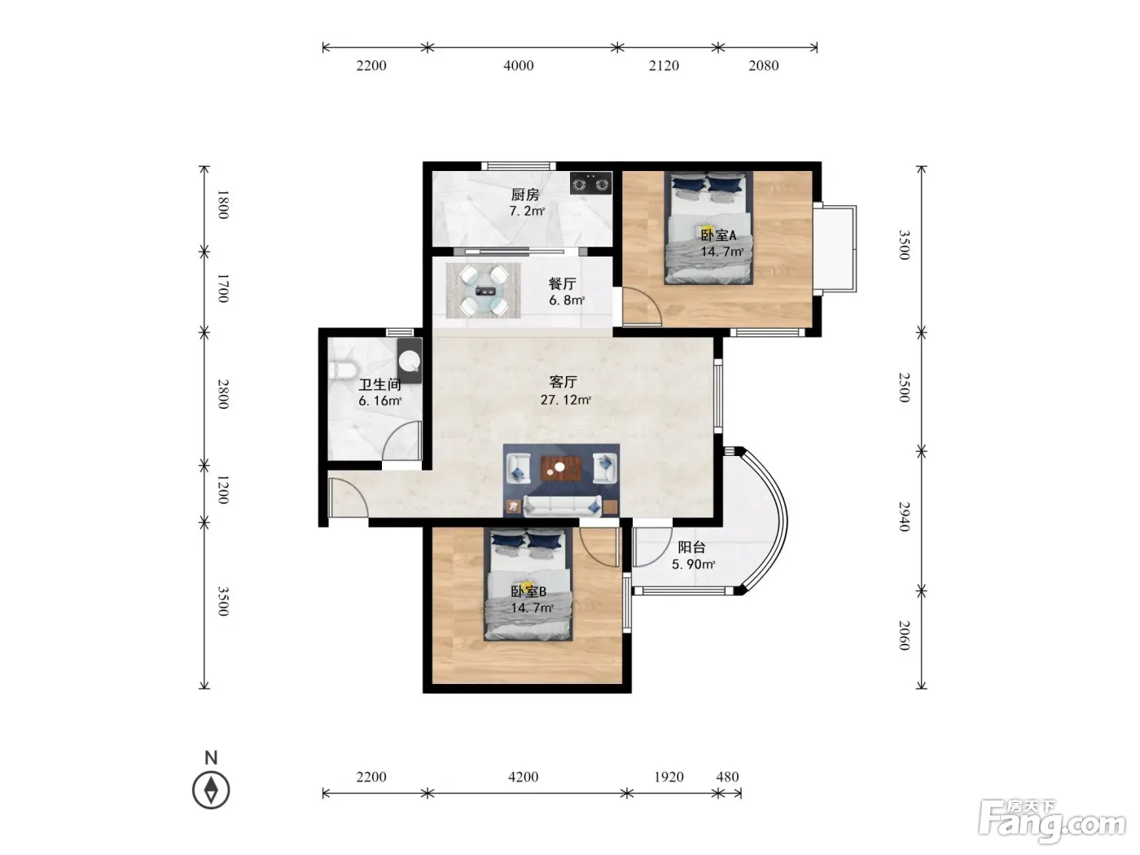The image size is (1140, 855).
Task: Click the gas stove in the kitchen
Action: (590, 182)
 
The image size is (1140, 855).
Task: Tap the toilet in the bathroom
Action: (342, 370)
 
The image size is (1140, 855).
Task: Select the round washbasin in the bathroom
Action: (410, 361)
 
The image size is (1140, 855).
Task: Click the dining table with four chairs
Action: (484, 291)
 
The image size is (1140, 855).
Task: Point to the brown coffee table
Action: (560, 468)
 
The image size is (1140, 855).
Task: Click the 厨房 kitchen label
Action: (525, 195)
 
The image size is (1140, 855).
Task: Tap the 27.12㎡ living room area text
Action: (566, 400)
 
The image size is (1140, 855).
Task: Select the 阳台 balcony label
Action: (692, 546)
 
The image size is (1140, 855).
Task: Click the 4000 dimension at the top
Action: (519, 65)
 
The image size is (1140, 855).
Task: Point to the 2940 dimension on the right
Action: (905, 516)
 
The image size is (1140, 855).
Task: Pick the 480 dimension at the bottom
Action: (727, 777)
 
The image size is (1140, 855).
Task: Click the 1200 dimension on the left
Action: (223, 489)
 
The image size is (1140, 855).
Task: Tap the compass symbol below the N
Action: (211, 790)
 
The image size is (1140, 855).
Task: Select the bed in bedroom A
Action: (709, 228)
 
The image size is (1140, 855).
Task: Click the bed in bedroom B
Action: (528, 585)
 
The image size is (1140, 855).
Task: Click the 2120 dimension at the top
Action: (664, 65)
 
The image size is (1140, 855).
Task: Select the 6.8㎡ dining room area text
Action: (567, 300)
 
